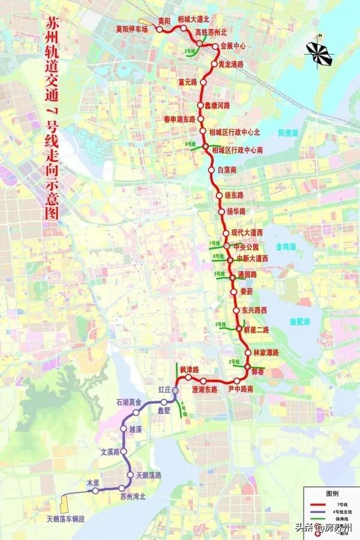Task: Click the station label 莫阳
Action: [164, 21]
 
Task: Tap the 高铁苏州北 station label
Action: [209, 32]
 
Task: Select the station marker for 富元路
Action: [203, 82]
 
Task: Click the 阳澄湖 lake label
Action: [288, 133]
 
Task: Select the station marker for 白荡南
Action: [211, 170]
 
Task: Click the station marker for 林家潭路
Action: [248, 353]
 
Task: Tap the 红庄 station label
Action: [165, 389]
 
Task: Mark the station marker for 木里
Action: [95, 491]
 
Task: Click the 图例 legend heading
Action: [333, 493]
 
